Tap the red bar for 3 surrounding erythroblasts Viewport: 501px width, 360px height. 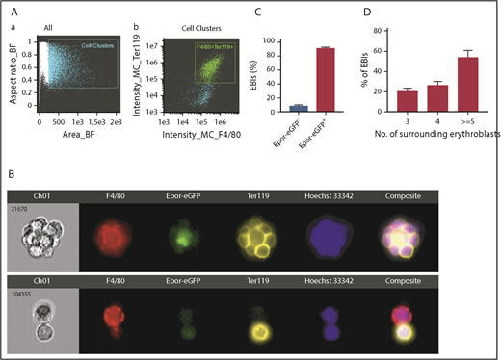381,101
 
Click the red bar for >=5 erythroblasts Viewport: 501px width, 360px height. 445,85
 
